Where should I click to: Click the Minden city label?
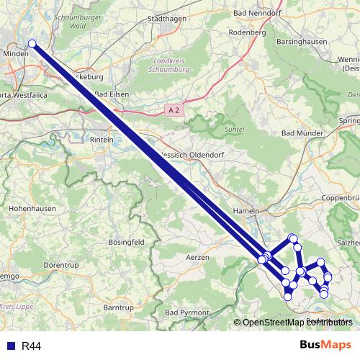click(15, 53)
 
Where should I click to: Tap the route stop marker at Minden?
click(32, 44)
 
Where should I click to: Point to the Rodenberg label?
click(247, 32)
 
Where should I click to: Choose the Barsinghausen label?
click(303, 42)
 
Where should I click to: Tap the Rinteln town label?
click(102, 139)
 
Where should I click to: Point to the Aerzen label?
click(197, 256)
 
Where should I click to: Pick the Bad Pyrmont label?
click(186, 313)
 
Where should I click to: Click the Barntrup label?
click(118, 307)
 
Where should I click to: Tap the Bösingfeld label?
click(127, 241)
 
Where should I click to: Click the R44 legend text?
click(31, 346)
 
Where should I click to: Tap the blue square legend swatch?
click(11, 346)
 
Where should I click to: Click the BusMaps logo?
click(325, 346)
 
